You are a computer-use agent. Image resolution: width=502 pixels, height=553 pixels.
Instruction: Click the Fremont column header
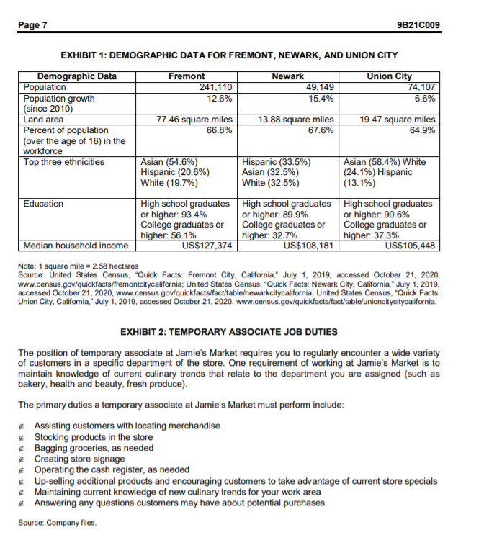(186, 76)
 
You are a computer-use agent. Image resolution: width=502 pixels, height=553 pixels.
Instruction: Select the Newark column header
(287, 76)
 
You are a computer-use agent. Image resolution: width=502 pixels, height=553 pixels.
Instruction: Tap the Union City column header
(390, 76)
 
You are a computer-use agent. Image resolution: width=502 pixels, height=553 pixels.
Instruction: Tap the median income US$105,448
(411, 246)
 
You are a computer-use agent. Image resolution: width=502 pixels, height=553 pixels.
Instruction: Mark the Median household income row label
(76, 246)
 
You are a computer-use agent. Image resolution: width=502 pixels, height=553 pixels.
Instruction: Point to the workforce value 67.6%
(321, 130)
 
